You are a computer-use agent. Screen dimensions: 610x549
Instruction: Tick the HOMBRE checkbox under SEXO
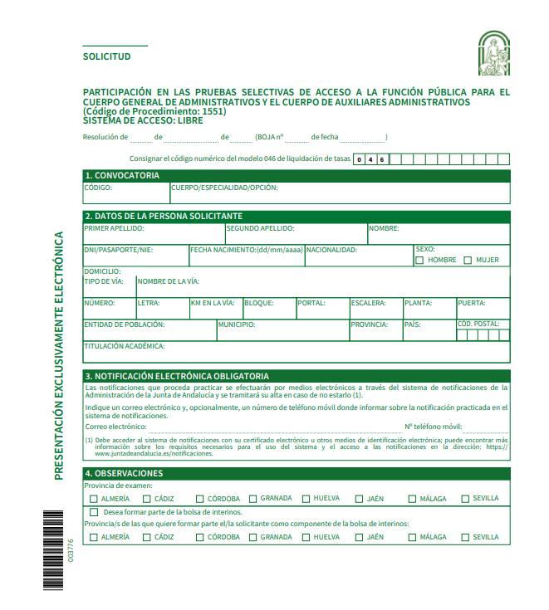[419, 260]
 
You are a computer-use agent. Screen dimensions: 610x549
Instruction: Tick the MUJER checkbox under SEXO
[468, 260]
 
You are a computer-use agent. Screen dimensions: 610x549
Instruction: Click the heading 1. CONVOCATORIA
[122, 176]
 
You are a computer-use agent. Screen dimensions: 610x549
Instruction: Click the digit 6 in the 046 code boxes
[381, 159]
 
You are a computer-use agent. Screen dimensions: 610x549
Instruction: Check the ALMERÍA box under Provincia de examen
[93, 499]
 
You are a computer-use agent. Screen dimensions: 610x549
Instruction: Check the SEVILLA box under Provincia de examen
[465, 499]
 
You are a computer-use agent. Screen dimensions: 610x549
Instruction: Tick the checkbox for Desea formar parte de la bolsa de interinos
[93, 512]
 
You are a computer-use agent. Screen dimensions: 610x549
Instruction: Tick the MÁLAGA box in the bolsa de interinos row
[412, 537]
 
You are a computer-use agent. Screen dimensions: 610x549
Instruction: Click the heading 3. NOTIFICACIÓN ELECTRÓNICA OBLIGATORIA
[178, 376]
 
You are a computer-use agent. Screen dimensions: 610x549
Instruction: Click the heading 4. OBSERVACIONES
[124, 473]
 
